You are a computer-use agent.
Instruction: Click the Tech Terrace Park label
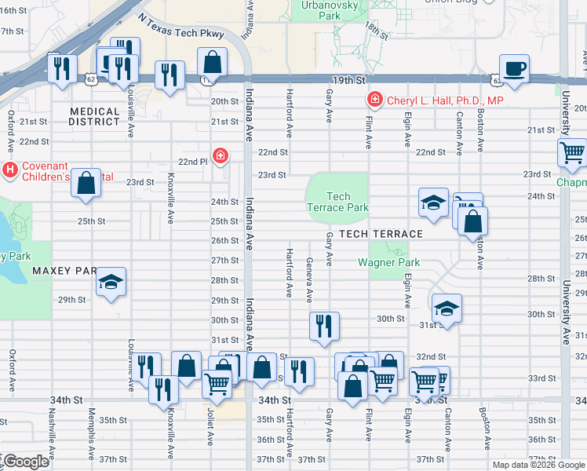coord(338,202)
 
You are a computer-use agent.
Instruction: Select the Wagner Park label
coord(389,263)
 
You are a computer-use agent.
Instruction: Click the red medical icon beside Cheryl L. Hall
coord(375,100)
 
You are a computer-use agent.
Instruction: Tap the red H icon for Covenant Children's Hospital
coord(10,169)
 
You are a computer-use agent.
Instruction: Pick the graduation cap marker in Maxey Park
coord(111,283)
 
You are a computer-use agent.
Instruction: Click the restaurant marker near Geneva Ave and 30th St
coord(324,325)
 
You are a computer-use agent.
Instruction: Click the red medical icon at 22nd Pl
coord(221,155)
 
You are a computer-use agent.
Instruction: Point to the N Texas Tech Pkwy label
coord(180,25)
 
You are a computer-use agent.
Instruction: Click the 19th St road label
coord(348,80)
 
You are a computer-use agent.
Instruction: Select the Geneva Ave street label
coord(309,280)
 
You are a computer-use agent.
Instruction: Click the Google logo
coord(28,462)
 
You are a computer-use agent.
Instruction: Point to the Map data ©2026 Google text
coord(538,465)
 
